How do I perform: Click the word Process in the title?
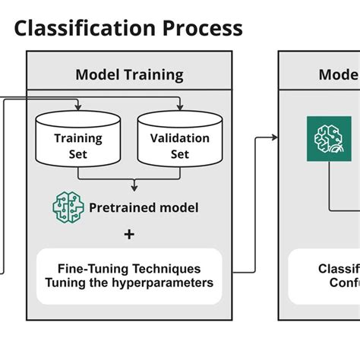tap(199, 29)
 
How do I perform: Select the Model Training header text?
tap(129, 74)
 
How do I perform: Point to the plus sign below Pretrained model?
tap(129, 234)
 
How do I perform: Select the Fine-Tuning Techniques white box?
tap(129, 276)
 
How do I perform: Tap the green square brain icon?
tap(328, 137)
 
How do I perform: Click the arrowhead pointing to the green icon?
tap(276, 137)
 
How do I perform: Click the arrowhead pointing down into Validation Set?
tap(179, 107)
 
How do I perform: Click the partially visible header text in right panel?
tap(338, 74)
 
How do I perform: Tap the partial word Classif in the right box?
tap(338, 269)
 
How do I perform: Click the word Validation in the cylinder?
tap(179, 138)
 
